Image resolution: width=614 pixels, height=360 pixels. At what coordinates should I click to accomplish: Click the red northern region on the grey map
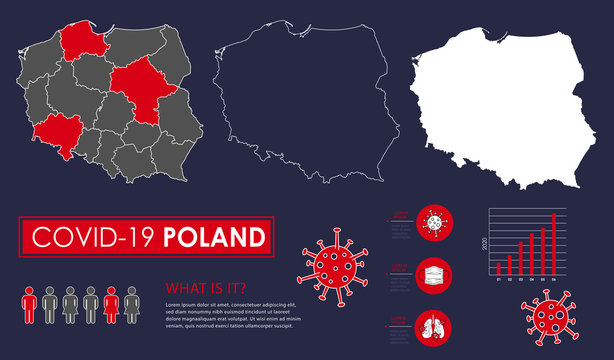click(85, 41)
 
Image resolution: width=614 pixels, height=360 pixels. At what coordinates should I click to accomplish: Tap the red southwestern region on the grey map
click(59, 136)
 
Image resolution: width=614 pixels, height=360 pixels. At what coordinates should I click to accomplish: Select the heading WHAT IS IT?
click(206, 288)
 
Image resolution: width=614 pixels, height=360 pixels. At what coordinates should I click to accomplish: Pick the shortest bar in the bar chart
click(498, 268)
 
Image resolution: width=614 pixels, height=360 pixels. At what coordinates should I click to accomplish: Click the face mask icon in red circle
click(434, 274)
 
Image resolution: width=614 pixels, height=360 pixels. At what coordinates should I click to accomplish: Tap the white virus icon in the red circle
click(434, 220)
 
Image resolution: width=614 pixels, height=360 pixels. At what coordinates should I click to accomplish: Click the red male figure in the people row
click(28, 304)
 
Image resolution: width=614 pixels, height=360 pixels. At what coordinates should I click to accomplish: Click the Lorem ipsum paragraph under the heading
click(230, 314)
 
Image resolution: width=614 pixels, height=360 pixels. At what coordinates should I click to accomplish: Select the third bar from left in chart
click(520, 257)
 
